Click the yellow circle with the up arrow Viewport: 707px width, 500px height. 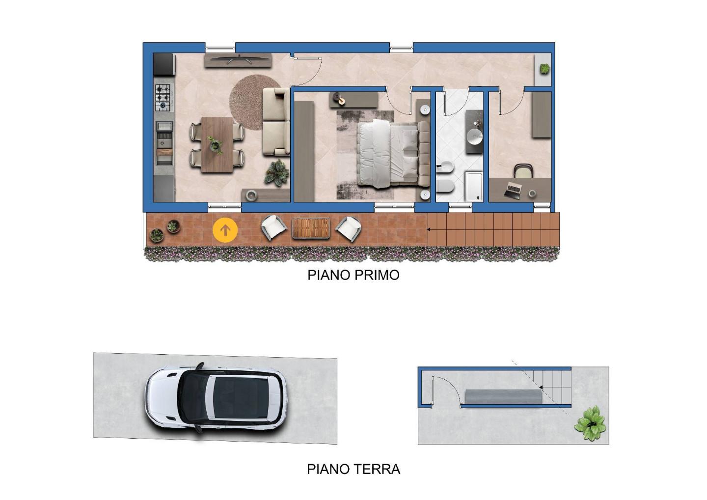tap(225, 230)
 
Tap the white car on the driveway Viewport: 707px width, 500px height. tap(216, 398)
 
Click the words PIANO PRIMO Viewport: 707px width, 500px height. tap(353, 275)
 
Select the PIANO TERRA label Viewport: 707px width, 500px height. tap(353, 470)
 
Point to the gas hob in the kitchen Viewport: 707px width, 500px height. tap(164, 98)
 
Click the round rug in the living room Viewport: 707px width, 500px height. tap(251, 102)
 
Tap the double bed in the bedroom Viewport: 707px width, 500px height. tap(393, 153)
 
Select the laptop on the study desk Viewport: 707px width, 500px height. tap(513, 191)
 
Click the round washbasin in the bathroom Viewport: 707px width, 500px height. tap(475, 136)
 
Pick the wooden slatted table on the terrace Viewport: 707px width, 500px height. tap(311, 227)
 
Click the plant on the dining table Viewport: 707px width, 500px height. tap(215, 145)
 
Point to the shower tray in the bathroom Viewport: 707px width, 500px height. tap(474, 186)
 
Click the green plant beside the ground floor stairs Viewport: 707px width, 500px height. tap(590, 423)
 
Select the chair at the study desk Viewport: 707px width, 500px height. tap(523, 170)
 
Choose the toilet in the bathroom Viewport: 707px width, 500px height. tap(445, 187)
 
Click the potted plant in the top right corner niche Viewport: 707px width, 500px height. tap(544, 68)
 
